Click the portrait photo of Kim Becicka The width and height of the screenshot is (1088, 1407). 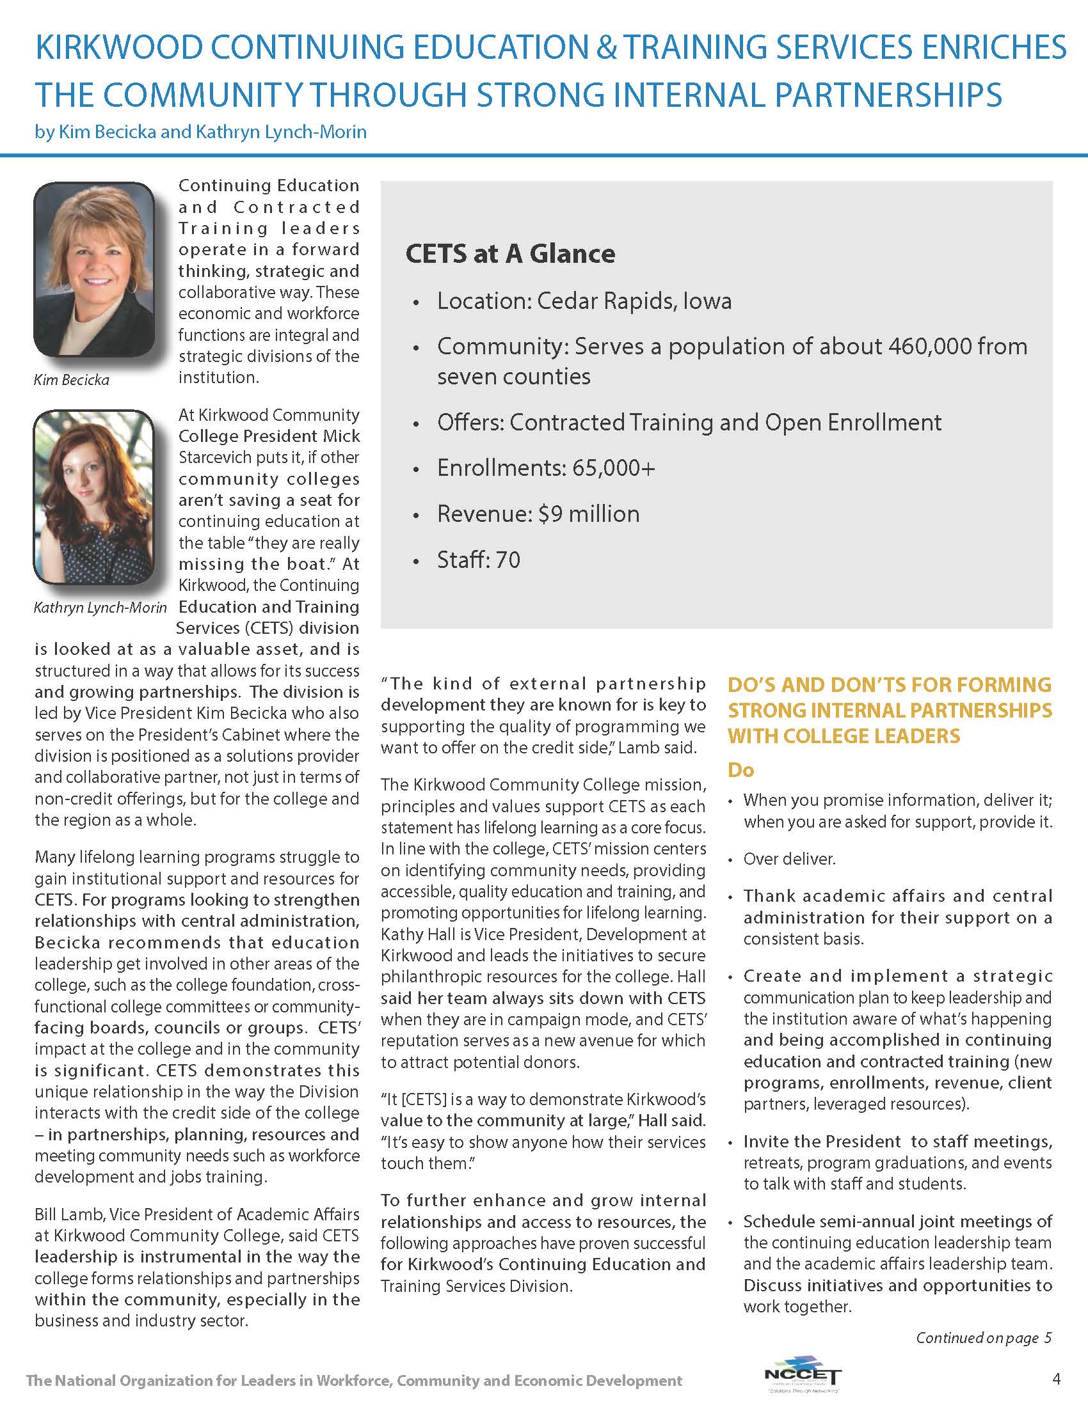(x=94, y=269)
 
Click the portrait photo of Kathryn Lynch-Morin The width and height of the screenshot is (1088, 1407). (x=94, y=498)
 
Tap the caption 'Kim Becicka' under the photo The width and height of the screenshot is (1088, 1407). (x=72, y=380)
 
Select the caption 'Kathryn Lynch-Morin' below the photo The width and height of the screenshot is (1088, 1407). (x=100, y=608)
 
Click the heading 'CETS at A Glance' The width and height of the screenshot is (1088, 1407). (x=510, y=253)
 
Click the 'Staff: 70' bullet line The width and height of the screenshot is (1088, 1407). (x=478, y=560)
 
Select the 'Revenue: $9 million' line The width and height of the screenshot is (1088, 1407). (x=538, y=514)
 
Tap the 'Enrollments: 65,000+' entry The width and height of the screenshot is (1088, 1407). (x=546, y=468)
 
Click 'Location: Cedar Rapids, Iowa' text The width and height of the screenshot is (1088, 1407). (x=584, y=301)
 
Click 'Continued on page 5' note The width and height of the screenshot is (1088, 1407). (x=984, y=1338)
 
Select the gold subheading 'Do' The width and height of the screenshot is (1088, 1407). (x=740, y=770)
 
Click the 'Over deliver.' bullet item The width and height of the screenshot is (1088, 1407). (x=789, y=859)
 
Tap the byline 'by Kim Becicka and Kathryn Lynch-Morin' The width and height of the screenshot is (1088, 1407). (x=200, y=132)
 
